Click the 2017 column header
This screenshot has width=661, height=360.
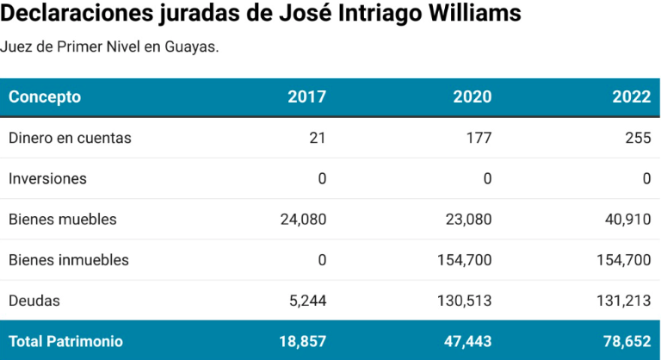pos(306,96)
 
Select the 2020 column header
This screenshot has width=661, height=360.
pos(473,96)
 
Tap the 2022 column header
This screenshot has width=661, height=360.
pos(631,96)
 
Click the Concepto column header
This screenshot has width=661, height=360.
pos(45,96)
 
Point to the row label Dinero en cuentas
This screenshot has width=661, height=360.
pos(70,138)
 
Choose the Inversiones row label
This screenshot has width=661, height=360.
pos(47,178)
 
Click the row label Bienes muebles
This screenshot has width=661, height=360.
pos(62,219)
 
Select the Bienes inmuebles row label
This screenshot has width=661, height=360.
pos(69,259)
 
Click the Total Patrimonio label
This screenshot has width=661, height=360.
pos(65,341)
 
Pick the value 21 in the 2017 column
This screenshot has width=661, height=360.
pos(318,138)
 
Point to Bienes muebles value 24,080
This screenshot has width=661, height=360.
pos(303,219)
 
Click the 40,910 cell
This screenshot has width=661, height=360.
pos(627,219)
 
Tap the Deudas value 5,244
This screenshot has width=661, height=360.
pos(307,301)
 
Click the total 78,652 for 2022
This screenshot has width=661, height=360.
pos(626,341)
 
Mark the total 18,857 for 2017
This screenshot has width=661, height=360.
pos(303,341)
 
